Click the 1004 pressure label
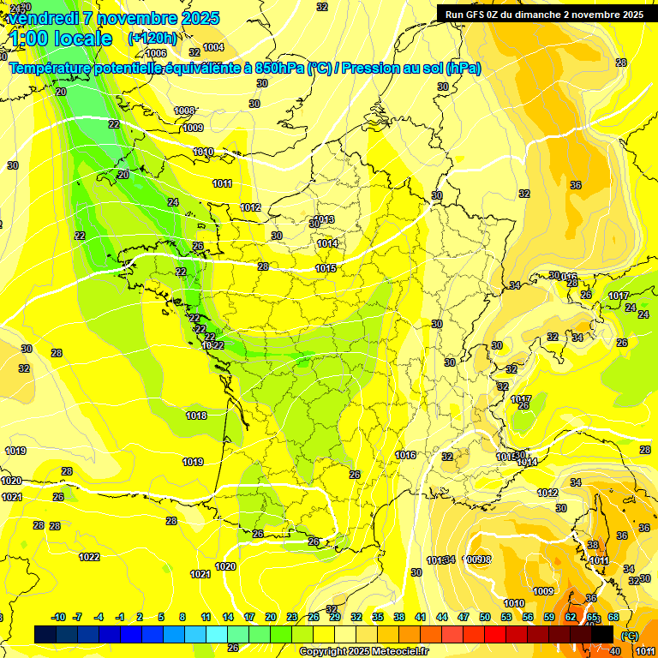click(x=213, y=47)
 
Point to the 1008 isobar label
click(x=184, y=111)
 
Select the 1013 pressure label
click(x=324, y=219)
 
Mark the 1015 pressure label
click(x=326, y=268)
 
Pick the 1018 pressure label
click(x=196, y=416)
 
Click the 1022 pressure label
click(x=89, y=557)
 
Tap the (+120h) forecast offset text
click(x=153, y=38)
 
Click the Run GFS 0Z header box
click(x=544, y=14)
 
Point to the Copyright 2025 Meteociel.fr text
click(x=363, y=651)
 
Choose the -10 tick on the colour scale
click(x=58, y=617)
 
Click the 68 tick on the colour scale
click(x=613, y=617)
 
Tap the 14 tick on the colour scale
click(x=228, y=617)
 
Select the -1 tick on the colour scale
click(x=121, y=617)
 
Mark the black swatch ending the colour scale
click(x=602, y=634)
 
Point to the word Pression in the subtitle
click(x=370, y=68)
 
